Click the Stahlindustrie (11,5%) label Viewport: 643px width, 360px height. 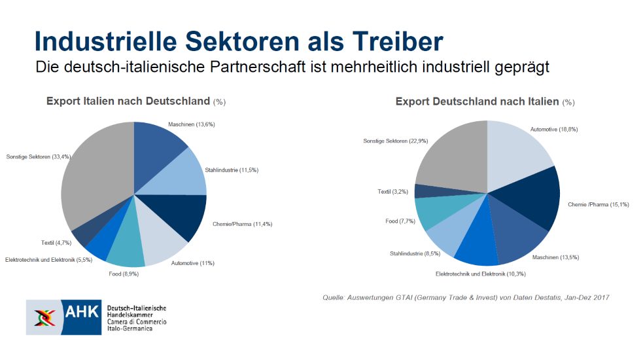point(232,170)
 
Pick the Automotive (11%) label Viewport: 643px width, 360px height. point(192,263)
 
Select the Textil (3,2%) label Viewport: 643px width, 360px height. point(393,191)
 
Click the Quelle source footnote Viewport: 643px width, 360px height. point(466,298)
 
